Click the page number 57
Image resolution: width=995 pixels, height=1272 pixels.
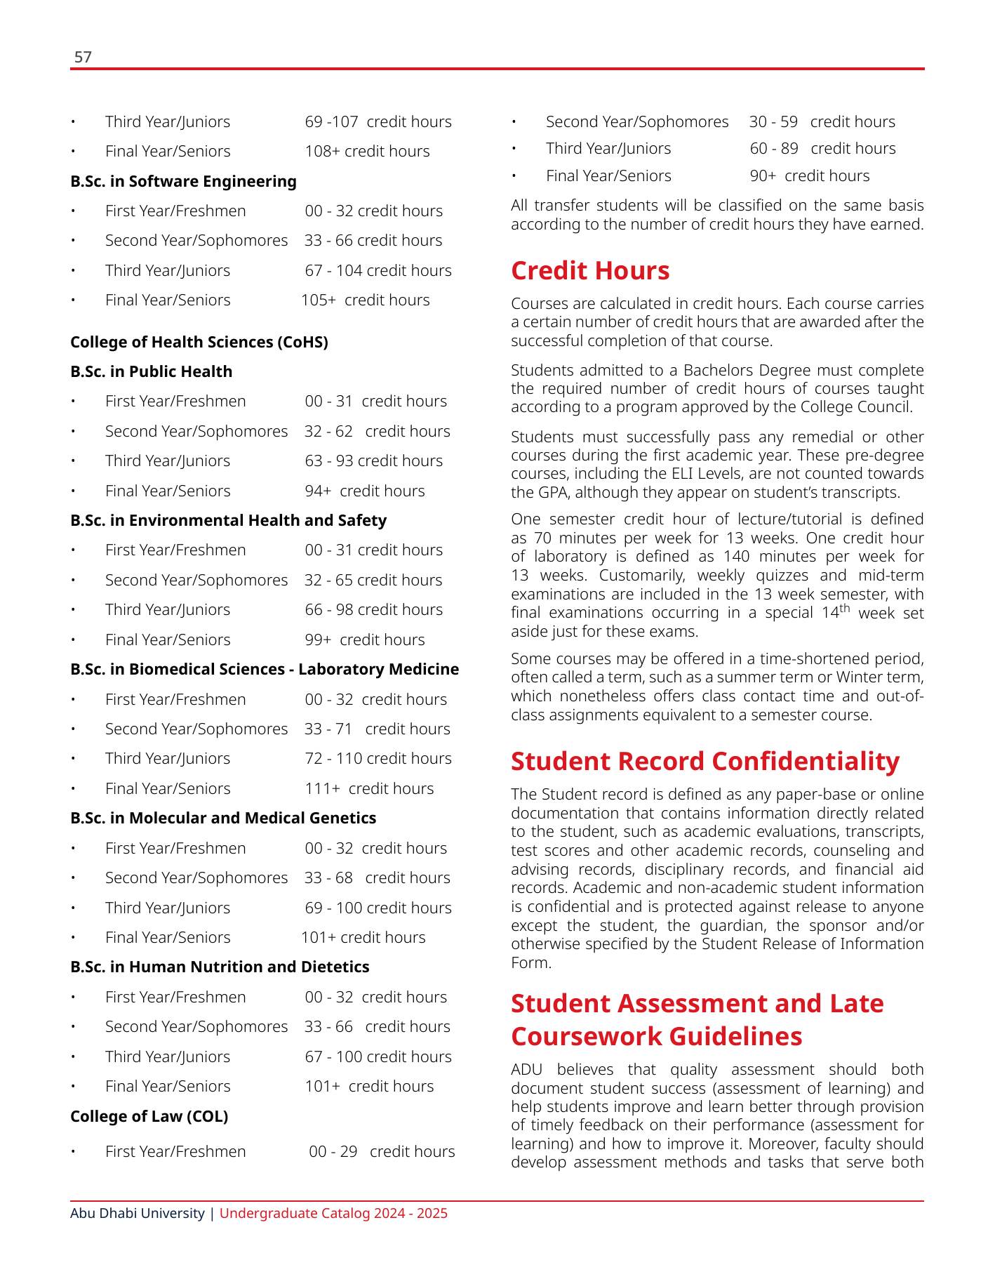pyautogui.click(x=83, y=57)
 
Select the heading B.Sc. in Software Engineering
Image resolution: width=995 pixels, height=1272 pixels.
pyautogui.click(x=183, y=181)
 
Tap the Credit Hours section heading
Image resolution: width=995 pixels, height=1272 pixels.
pyautogui.click(x=590, y=270)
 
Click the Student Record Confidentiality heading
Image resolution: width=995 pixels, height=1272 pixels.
pyautogui.click(x=704, y=761)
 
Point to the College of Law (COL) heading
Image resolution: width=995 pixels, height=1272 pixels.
pyautogui.click(x=149, y=1116)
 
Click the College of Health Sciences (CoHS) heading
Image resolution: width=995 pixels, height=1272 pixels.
pyautogui.click(x=199, y=342)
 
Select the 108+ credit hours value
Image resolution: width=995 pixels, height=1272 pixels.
pyautogui.click(x=367, y=151)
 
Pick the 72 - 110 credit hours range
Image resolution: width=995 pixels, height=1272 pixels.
pyautogui.click(x=378, y=758)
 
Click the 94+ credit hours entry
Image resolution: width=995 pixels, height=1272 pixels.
pyautogui.click(x=364, y=491)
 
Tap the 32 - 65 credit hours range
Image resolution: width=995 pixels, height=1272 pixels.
pyautogui.click(x=373, y=580)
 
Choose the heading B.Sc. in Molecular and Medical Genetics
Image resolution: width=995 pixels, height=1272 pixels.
pyautogui.click(x=223, y=818)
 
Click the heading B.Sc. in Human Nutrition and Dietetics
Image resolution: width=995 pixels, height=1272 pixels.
pyautogui.click(x=220, y=967)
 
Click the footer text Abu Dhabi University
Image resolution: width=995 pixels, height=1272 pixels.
pyautogui.click(x=138, y=1213)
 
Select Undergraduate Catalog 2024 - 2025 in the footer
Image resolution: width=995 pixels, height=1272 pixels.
pyautogui.click(x=333, y=1213)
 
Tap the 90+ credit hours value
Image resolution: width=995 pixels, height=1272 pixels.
pyautogui.click(x=809, y=175)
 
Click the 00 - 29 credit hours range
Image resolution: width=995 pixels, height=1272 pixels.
pyautogui.click(x=382, y=1151)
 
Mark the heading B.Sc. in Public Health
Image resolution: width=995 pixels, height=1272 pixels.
pyautogui.click(x=151, y=371)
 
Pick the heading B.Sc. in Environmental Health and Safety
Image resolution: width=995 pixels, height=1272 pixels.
pyautogui.click(x=228, y=520)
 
